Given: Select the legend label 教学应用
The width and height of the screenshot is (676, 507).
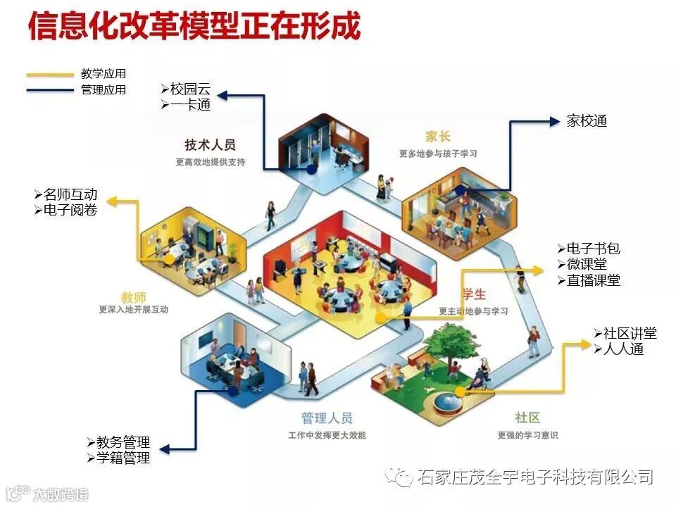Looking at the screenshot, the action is coord(104,74).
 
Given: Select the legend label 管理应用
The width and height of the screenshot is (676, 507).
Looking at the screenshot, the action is coord(104,89).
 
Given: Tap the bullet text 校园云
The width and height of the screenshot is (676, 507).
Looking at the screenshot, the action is coord(190,90).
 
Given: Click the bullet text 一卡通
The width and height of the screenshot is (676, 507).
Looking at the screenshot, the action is coord(190,105).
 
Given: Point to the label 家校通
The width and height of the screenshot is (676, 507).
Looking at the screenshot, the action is coord(587,121).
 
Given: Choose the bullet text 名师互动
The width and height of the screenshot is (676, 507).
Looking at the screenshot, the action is coord(70,195).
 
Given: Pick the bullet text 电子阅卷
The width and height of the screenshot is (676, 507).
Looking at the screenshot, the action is coord(70,210).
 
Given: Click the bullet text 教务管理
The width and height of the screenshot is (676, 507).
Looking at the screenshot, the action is coord(123,443).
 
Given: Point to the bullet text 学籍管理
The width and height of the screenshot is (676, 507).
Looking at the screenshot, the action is coord(123,458).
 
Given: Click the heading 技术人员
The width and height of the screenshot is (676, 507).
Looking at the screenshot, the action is coord(210,145).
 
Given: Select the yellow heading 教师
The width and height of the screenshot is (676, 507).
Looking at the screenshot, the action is coord(134,296).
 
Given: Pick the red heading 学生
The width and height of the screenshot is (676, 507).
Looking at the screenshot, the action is coord(473,294).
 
